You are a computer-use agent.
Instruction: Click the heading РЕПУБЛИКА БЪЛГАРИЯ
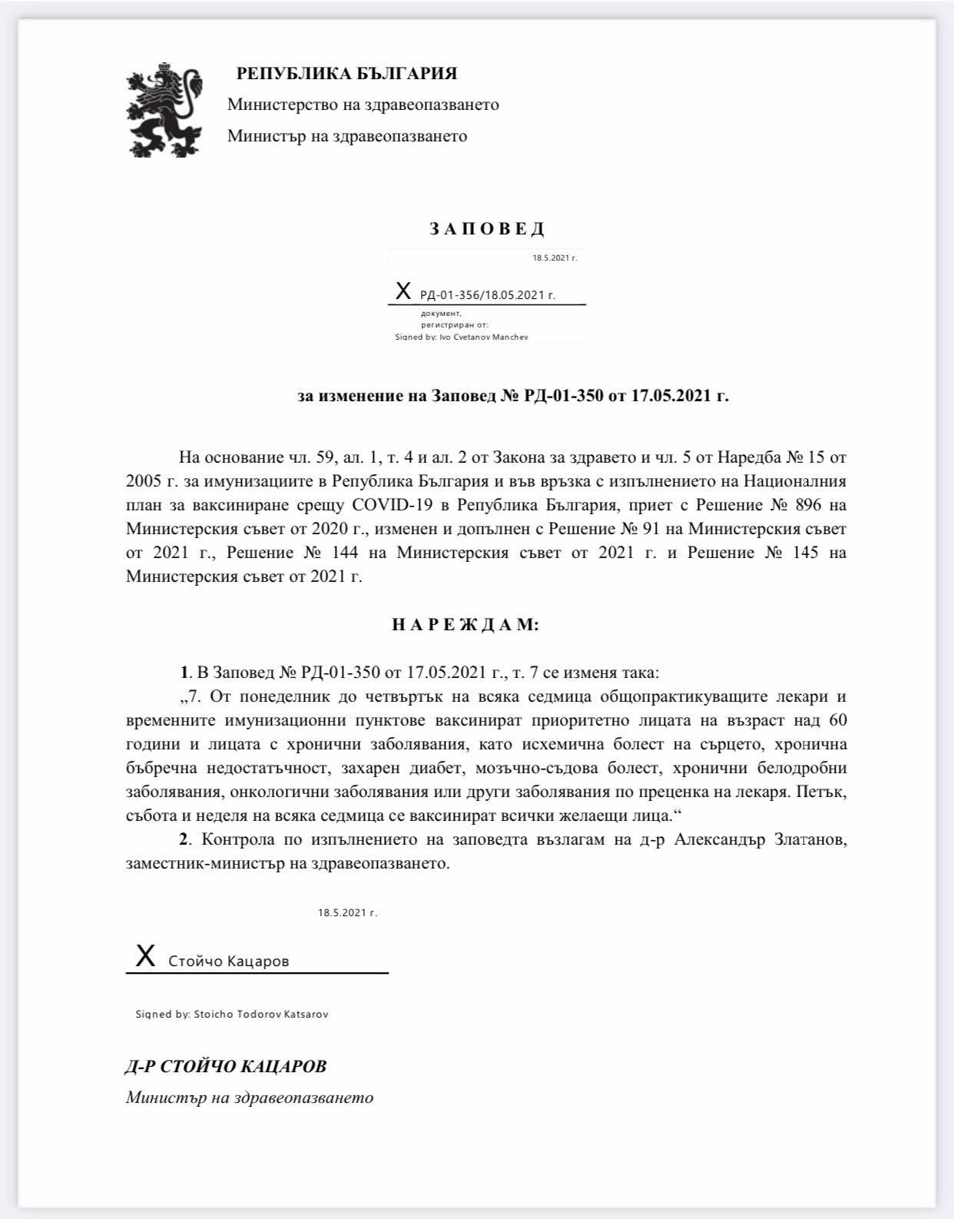(x=346, y=74)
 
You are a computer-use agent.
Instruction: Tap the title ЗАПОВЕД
(x=487, y=228)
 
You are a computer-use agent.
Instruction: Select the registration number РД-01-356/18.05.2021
(x=487, y=295)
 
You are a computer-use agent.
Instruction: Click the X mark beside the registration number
(x=402, y=291)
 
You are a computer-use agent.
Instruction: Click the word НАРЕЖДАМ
(x=465, y=625)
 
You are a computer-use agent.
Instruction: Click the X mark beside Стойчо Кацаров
(x=144, y=957)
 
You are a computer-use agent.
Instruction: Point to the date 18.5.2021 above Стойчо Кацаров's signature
(x=347, y=913)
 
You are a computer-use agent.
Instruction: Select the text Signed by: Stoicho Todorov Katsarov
(x=232, y=1014)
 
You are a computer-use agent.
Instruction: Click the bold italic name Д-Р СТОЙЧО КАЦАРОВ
(x=226, y=1067)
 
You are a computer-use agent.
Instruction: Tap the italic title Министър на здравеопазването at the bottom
(x=250, y=1098)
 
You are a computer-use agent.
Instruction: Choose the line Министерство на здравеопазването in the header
(x=363, y=105)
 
